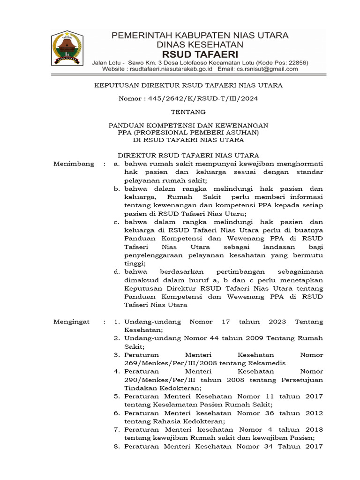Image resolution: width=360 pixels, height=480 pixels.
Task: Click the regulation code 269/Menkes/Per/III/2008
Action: click(x=166, y=362)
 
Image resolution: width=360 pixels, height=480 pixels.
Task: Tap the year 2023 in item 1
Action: click(x=277, y=322)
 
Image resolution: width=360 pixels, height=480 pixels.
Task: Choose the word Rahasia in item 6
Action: click(x=162, y=421)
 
